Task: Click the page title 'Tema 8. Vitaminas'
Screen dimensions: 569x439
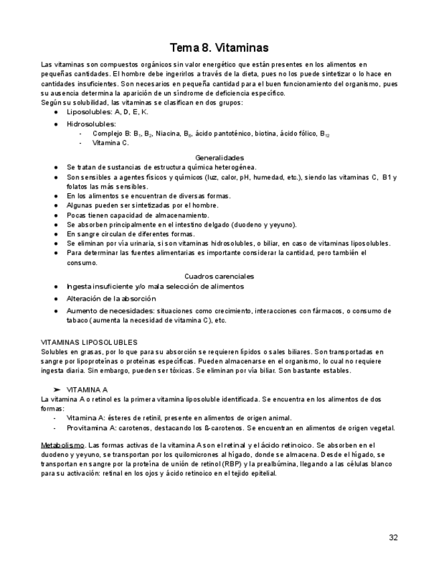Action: pyautogui.click(x=219, y=48)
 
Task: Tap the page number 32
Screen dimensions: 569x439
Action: pyautogui.click(x=393, y=537)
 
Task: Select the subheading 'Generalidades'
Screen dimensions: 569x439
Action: pyautogui.click(x=219, y=158)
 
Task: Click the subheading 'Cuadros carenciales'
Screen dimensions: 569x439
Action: pyautogui.click(x=219, y=276)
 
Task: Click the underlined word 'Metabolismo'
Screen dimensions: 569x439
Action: pyautogui.click(x=62, y=445)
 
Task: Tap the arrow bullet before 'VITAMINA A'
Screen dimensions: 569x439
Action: pyautogui.click(x=57, y=389)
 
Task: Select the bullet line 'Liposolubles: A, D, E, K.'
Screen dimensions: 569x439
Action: pyautogui.click(x=107, y=112)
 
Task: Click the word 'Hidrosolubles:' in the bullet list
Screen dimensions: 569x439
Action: pyautogui.click(x=91, y=124)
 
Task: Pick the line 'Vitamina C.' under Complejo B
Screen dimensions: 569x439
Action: pyautogui.click(x=111, y=143)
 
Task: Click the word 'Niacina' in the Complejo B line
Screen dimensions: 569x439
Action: pyautogui.click(x=168, y=134)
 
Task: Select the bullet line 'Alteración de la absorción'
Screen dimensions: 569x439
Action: pyautogui.click(x=111, y=299)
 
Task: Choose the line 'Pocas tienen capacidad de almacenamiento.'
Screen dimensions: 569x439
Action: pyautogui.click(x=137, y=215)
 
